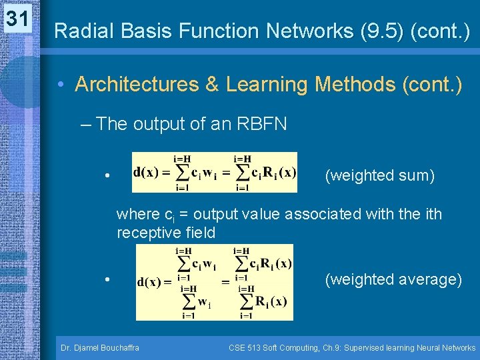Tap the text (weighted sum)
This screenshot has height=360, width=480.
pos(379,176)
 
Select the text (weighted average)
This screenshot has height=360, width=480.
pos(393,279)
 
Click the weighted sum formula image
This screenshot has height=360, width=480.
pos(215,172)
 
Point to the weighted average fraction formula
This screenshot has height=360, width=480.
pos(214,282)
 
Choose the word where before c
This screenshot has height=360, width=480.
pos(138,215)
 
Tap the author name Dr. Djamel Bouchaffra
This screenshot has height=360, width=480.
pos(100,348)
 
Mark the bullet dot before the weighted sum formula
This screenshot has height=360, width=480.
pos(107,177)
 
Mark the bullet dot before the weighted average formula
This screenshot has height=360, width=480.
pos(107,280)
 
